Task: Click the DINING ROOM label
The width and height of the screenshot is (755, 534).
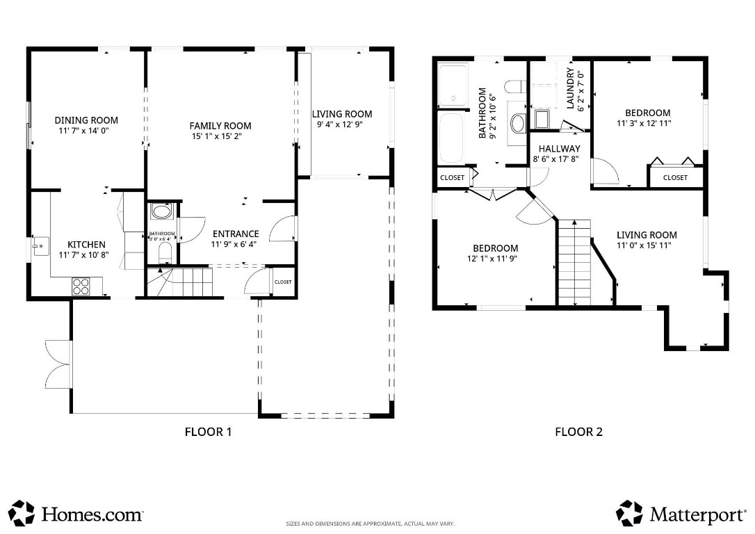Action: pyautogui.click(x=86, y=120)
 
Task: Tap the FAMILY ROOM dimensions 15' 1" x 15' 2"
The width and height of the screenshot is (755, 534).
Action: pyautogui.click(x=220, y=136)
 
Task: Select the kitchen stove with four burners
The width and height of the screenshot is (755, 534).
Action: pyautogui.click(x=81, y=284)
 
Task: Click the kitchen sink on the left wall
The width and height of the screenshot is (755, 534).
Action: pyautogui.click(x=40, y=245)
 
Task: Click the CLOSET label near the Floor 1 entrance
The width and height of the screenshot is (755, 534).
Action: pyautogui.click(x=283, y=282)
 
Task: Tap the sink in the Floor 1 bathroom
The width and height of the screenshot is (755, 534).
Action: pyautogui.click(x=161, y=211)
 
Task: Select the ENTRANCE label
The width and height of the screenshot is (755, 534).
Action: pyautogui.click(x=235, y=234)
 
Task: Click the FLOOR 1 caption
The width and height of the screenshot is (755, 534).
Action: pyautogui.click(x=208, y=432)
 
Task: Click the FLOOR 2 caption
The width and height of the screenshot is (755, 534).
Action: pyautogui.click(x=578, y=432)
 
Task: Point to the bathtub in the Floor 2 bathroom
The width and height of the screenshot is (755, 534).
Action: pyautogui.click(x=452, y=137)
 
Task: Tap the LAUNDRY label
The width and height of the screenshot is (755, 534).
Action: pyautogui.click(x=571, y=88)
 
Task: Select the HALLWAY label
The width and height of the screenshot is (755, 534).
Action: pyautogui.click(x=560, y=149)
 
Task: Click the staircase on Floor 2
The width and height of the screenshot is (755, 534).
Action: pyautogui.click(x=575, y=262)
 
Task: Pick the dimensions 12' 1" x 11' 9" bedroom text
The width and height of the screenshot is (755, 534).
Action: pyautogui.click(x=495, y=259)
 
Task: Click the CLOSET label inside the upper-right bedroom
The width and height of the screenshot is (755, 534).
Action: pyautogui.click(x=674, y=178)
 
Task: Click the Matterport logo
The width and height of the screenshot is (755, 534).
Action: pyautogui.click(x=681, y=514)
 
